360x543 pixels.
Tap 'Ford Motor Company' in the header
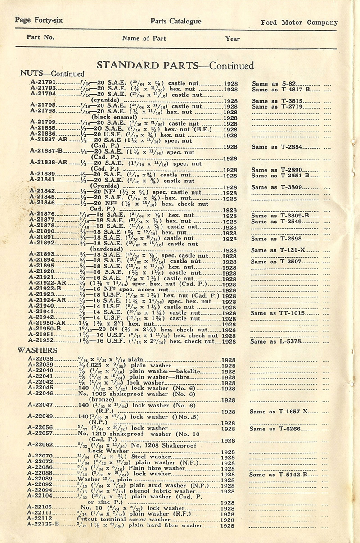click(299, 23)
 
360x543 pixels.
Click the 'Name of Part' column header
click(144, 38)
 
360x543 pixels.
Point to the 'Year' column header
click(233, 39)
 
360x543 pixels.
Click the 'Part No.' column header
click(40, 37)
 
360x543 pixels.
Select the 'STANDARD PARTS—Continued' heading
click(175, 65)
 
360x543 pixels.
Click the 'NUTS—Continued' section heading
click(52, 73)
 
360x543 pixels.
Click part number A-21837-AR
click(48, 139)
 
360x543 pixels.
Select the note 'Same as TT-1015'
click(278, 313)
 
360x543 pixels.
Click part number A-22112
click(40, 519)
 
